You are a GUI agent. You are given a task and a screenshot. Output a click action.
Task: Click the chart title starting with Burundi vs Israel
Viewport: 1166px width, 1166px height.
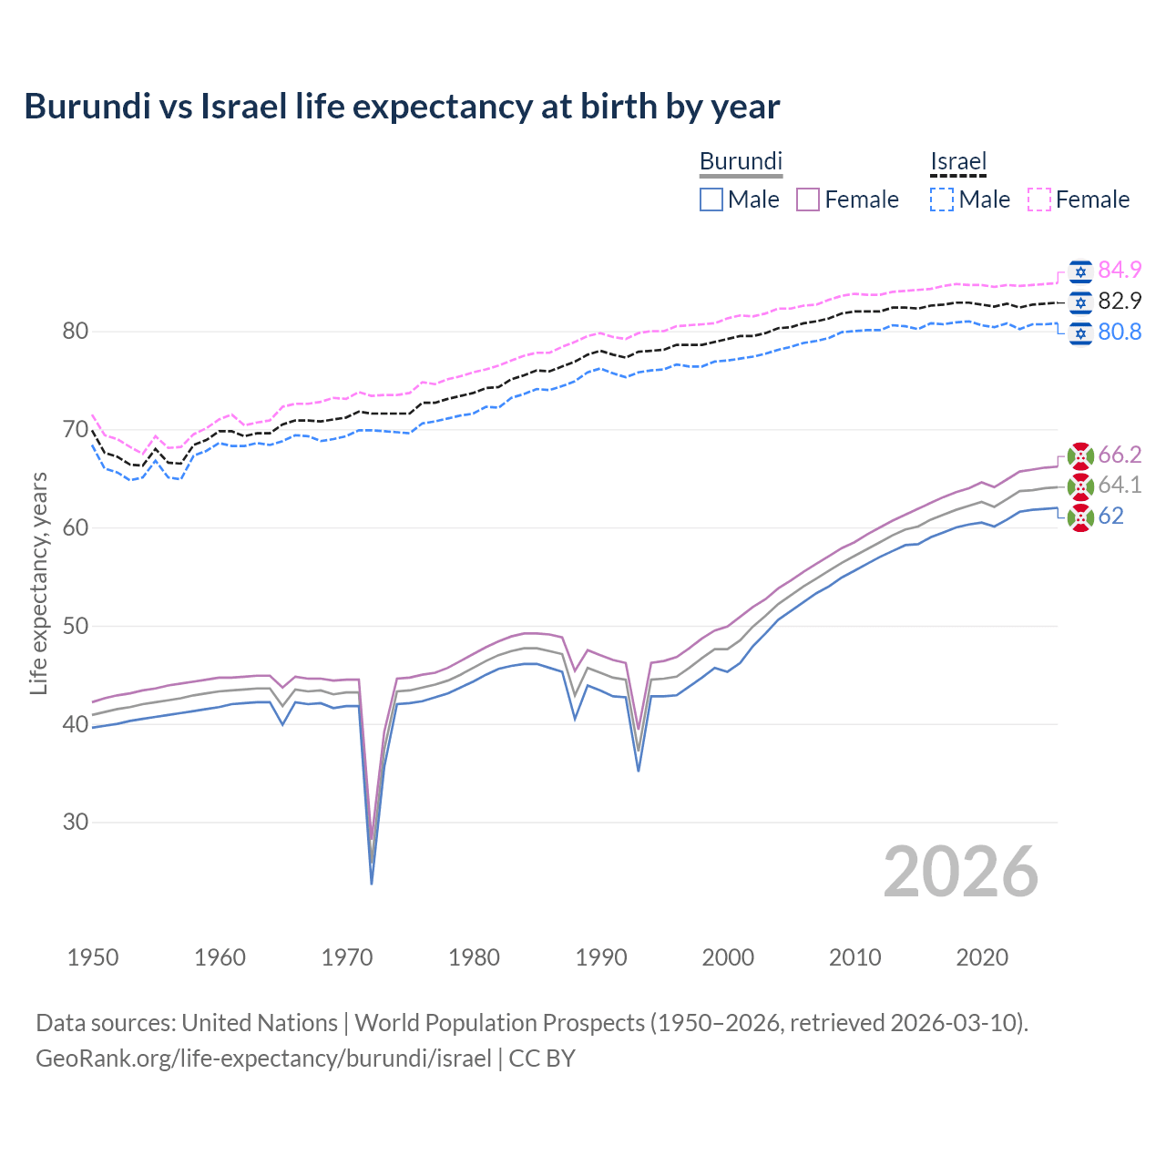point(402,107)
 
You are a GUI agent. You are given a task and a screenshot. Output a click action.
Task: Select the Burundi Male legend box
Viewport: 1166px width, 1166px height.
point(711,199)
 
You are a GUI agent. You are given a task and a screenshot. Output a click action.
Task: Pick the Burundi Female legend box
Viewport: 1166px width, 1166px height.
point(808,199)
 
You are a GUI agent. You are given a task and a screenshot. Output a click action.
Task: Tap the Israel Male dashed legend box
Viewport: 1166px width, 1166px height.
point(942,199)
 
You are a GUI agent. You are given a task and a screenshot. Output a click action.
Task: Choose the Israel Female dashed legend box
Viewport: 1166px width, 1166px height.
point(1039,199)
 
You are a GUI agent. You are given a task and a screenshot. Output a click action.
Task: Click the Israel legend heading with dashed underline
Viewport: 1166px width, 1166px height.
point(958,162)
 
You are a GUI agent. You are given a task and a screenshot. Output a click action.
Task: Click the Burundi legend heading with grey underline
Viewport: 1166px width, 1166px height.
point(741,162)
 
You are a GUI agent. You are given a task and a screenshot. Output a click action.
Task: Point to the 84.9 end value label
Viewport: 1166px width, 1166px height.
point(1120,270)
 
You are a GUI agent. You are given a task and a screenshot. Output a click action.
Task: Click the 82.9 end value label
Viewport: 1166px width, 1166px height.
point(1120,301)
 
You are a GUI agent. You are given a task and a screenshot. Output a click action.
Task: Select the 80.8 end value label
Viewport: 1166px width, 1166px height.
point(1120,332)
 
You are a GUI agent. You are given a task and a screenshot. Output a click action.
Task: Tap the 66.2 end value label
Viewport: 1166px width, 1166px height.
point(1120,455)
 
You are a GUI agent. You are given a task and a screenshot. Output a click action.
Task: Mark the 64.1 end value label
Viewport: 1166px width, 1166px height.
point(1120,486)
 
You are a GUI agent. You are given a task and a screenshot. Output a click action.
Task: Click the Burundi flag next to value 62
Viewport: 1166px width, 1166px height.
point(1080,517)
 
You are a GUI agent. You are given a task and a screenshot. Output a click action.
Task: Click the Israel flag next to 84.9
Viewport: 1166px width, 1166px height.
point(1080,271)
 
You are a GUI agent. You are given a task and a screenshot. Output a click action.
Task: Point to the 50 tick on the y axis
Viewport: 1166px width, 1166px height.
point(75,626)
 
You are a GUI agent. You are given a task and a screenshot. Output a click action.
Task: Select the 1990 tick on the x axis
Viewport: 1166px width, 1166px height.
point(601,957)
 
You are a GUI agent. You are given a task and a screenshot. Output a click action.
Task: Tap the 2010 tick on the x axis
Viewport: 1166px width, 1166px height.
point(854,957)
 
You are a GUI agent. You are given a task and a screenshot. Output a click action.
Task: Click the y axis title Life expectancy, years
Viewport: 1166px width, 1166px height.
point(38,583)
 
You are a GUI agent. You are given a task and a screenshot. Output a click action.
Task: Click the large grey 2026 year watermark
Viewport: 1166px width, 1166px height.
point(960,872)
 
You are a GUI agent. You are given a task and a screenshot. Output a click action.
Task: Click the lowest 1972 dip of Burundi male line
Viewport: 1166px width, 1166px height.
point(372,883)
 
